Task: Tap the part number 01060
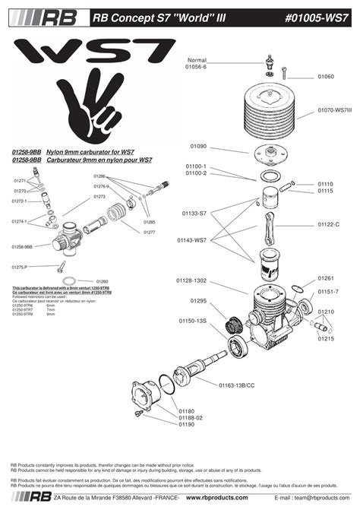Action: point(326,77)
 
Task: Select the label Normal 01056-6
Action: point(197,63)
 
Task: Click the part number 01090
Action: point(199,146)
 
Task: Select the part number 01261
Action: point(326,278)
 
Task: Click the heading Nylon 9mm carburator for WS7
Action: point(90,152)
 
